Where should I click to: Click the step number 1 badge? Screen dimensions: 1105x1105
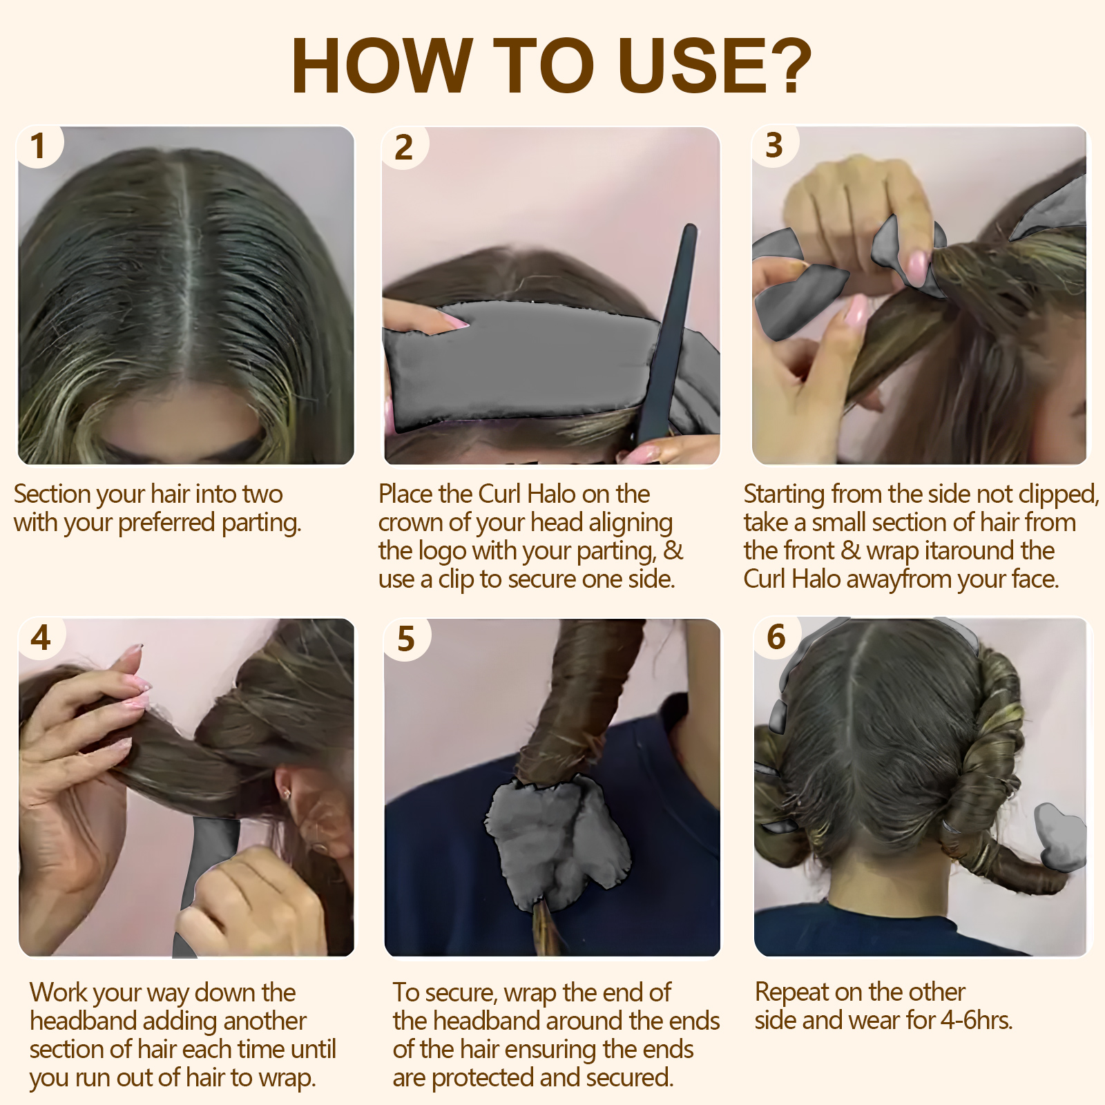coord(39,146)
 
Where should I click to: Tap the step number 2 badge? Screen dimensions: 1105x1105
coord(404,148)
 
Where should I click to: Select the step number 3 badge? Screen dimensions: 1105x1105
coord(774,146)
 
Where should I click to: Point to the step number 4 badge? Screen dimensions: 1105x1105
coord(41,637)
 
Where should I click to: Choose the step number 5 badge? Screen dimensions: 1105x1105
coord(406,639)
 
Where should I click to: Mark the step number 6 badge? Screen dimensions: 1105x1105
coord(776,637)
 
